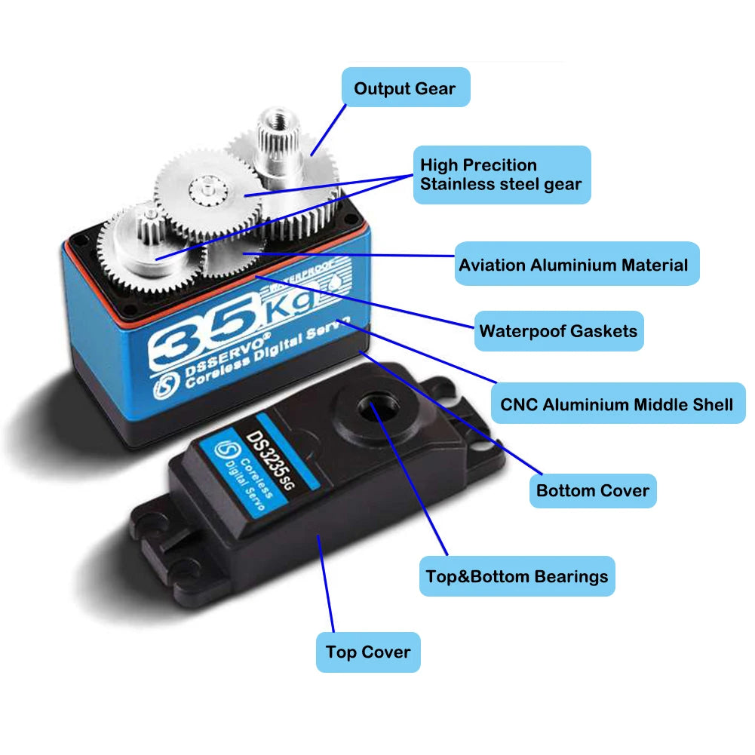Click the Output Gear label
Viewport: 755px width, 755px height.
pyautogui.click(x=405, y=87)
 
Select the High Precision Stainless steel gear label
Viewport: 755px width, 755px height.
pyautogui.click(x=502, y=174)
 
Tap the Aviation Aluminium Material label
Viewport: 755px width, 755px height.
pyautogui.click(x=573, y=265)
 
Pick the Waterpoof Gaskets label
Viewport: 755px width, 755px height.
pyautogui.click(x=558, y=330)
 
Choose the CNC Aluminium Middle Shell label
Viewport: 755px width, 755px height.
pyautogui.click(x=616, y=404)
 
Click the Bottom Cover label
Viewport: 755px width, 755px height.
pyautogui.click(x=592, y=491)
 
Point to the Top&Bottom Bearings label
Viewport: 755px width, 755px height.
pyautogui.click(x=517, y=577)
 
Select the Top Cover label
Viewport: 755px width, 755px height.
pyautogui.click(x=368, y=652)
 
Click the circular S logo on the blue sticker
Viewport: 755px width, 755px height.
pyautogui.click(x=224, y=452)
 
